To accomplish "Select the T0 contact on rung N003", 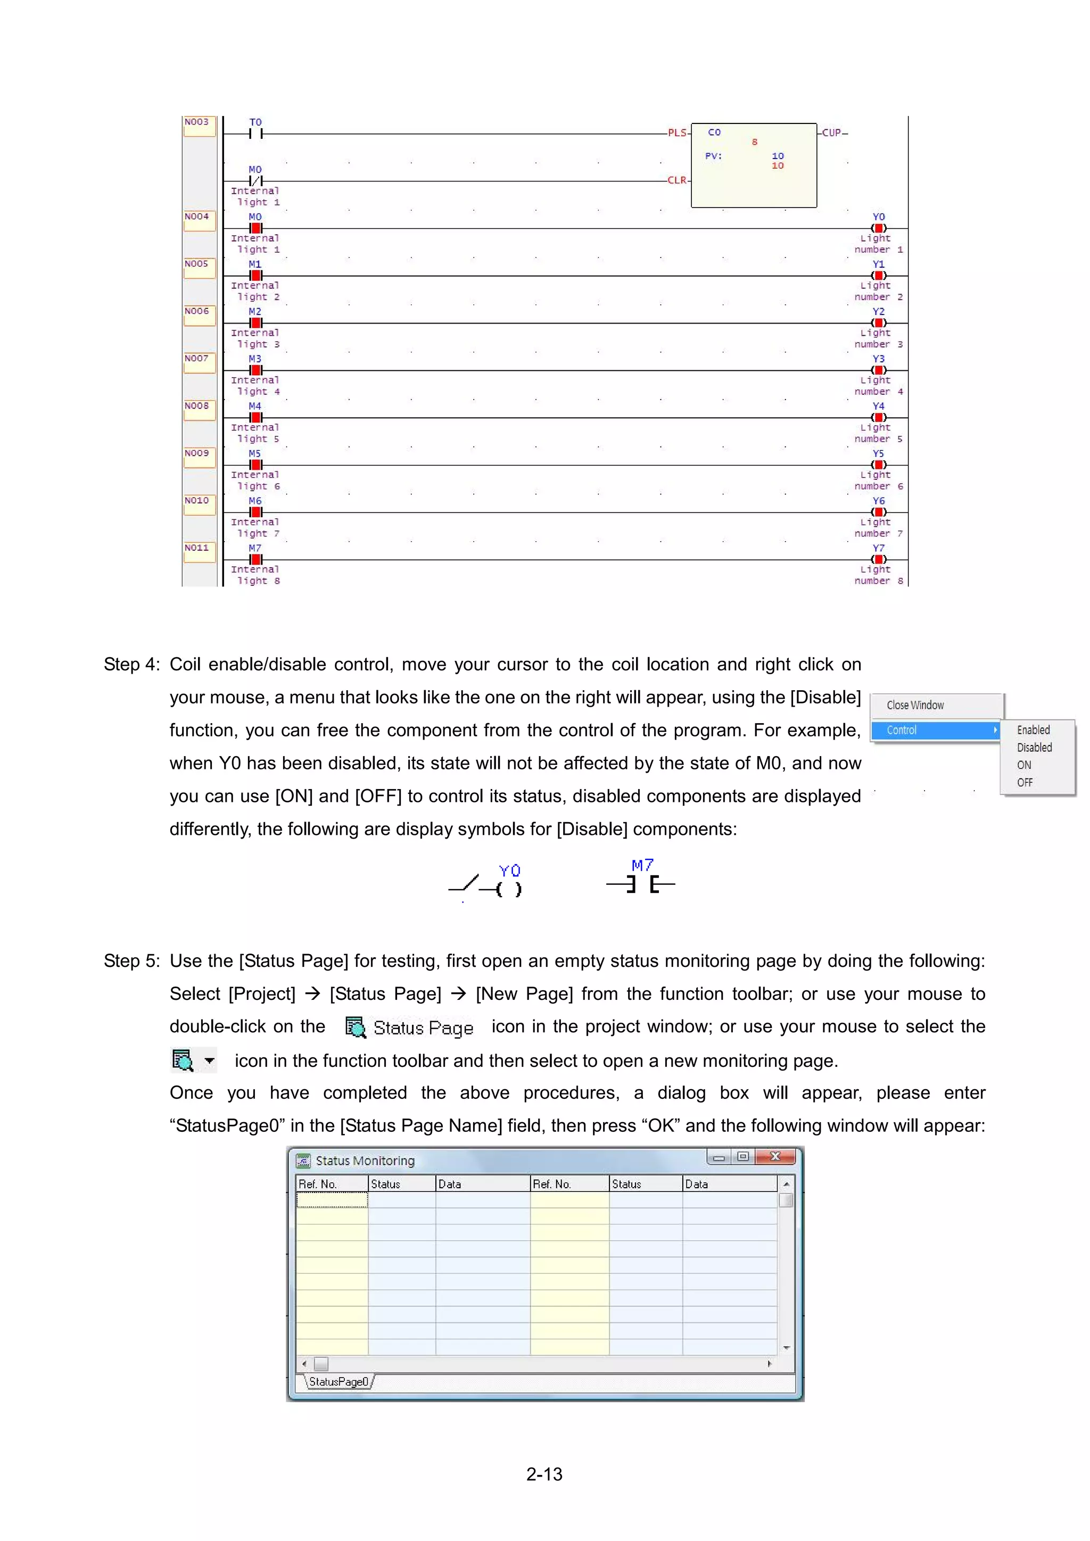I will [255, 134].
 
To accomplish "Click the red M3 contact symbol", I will [255, 370].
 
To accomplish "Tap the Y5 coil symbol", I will [879, 465].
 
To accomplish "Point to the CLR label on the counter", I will [677, 180].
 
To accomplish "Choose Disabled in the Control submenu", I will [1034, 748].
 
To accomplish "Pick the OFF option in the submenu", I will [1025, 783].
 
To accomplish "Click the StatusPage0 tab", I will [338, 1381].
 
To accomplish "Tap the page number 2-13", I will [544, 1474].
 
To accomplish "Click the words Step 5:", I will [131, 961].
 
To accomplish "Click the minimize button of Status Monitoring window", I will [718, 1157].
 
